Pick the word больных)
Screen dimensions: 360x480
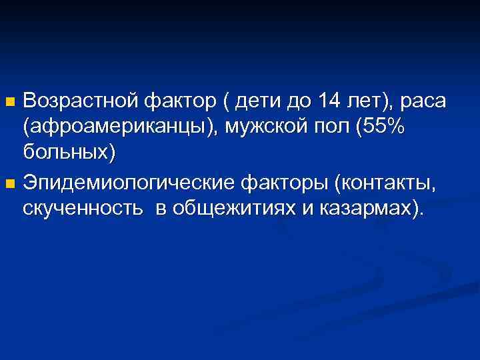point(69,153)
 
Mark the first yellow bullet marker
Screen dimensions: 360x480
point(9,103)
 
